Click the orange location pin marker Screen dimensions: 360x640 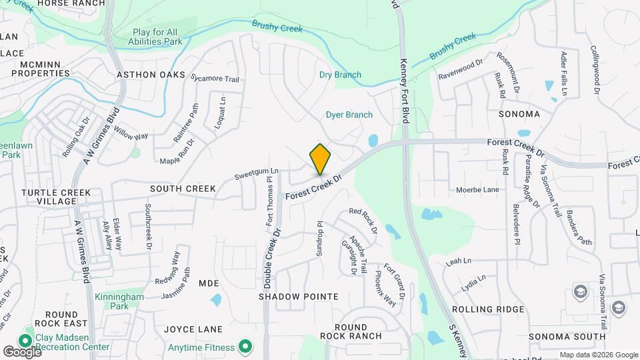coord(320,159)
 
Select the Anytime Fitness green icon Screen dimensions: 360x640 coord(245,347)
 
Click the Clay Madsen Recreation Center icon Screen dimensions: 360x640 coord(29,332)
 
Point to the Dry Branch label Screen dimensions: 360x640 coord(340,75)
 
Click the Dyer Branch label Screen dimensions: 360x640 coord(349,115)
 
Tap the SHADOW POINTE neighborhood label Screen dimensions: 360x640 coord(289,295)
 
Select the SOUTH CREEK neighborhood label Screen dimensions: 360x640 coord(183,189)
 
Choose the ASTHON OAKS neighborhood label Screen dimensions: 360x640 coord(151,75)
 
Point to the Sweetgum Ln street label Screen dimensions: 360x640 coord(256,175)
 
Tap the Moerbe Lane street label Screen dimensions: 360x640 coord(477,190)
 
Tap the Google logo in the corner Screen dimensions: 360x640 coord(21,351)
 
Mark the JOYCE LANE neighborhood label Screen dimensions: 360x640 coord(193,329)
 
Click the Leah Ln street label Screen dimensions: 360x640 coord(458,261)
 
